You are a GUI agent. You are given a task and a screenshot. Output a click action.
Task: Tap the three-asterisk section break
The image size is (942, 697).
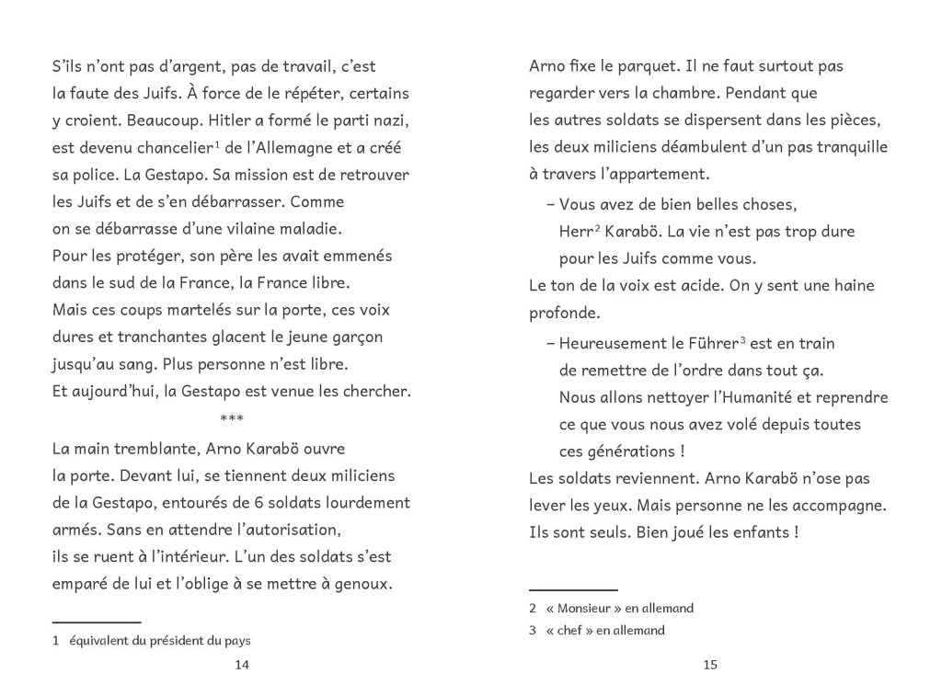point(232,419)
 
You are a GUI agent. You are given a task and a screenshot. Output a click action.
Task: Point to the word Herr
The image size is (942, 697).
point(576,232)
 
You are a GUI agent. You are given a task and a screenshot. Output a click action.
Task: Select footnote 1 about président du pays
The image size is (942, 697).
point(153,640)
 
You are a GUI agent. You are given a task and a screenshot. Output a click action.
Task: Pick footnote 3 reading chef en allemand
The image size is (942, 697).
point(598,631)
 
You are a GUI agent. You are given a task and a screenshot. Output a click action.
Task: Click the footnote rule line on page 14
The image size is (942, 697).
point(97,623)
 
